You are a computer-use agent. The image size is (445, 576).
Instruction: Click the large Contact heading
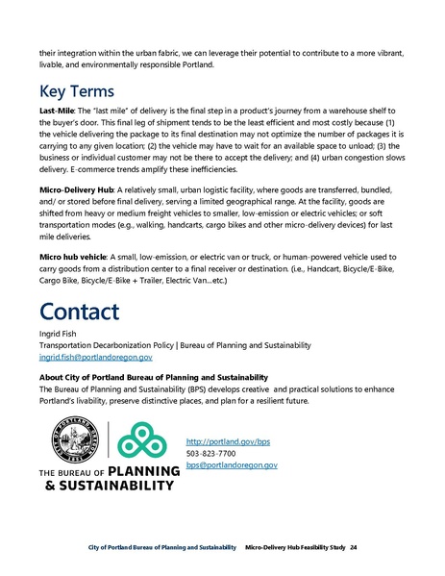point(80,313)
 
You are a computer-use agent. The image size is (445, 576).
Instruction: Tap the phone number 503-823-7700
point(210,452)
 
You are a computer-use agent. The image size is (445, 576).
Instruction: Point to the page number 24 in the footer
point(354,546)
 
